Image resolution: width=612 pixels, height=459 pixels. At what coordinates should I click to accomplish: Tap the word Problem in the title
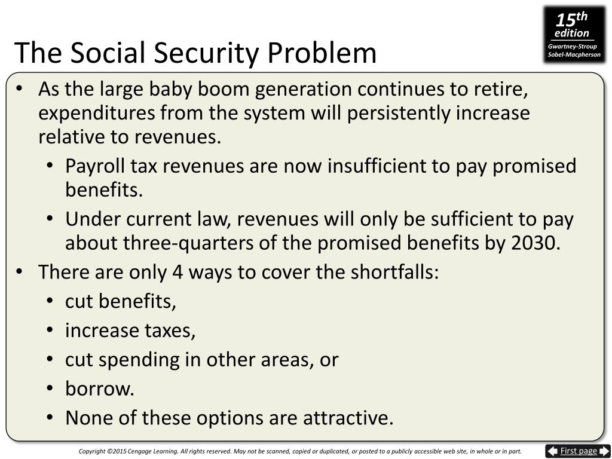click(322, 54)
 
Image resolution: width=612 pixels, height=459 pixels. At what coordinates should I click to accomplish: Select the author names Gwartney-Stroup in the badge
click(573, 47)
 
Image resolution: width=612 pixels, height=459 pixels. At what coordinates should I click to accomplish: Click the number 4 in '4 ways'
click(177, 273)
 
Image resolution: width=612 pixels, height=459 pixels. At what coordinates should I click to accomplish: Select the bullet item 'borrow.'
click(100, 389)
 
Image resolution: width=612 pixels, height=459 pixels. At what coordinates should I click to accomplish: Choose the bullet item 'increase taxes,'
click(130, 331)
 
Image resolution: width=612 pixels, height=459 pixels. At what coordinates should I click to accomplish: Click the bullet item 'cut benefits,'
click(121, 302)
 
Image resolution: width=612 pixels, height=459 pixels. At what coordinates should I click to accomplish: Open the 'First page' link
click(578, 451)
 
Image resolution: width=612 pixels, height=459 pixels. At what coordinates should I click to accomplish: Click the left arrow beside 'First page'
click(553, 451)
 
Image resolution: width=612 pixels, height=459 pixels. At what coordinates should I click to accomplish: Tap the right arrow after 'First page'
click(604, 451)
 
